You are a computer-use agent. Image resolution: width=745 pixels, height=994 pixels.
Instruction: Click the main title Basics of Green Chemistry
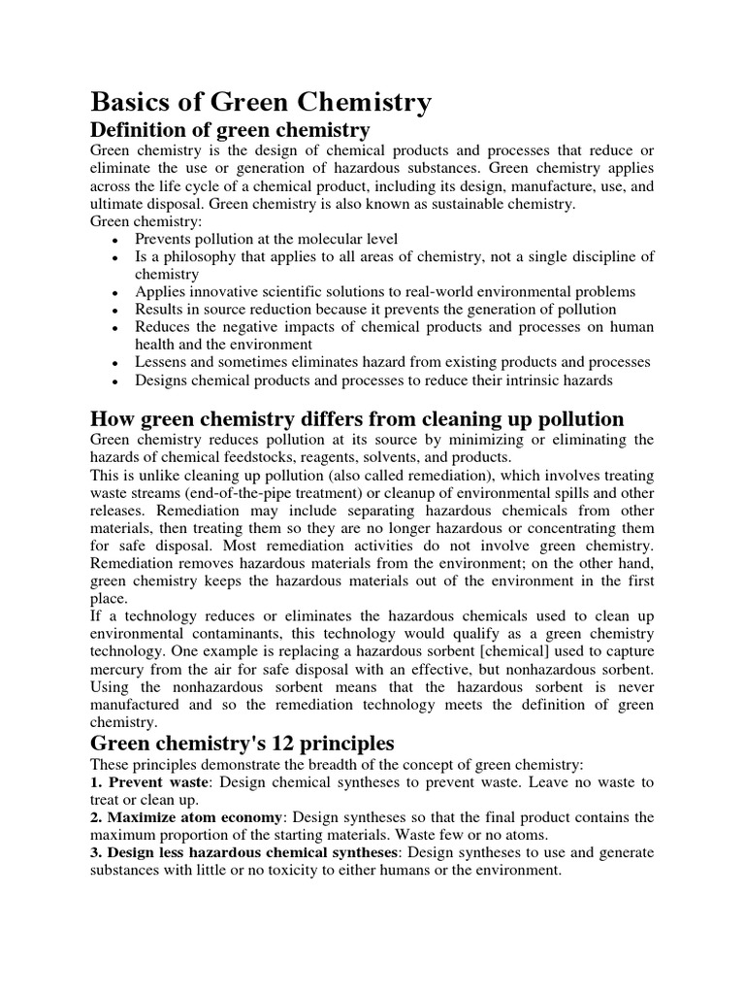[261, 102]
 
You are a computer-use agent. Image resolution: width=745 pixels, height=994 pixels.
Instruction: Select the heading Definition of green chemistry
[230, 130]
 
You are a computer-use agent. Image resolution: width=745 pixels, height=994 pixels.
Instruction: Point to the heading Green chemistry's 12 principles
[242, 744]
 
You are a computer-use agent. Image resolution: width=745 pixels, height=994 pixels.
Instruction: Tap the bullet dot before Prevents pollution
[115, 240]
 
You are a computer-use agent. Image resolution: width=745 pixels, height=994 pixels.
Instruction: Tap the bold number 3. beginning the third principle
[97, 852]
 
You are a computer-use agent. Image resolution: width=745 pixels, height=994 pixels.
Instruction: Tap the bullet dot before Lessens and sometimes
[115, 363]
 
